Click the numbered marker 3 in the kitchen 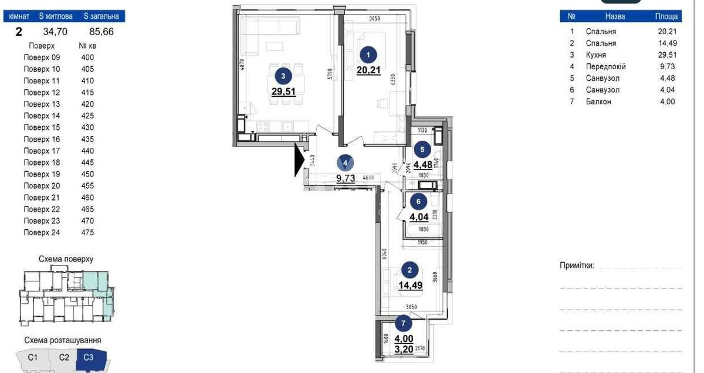(x=284, y=75)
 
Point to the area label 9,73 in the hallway (x=346, y=178)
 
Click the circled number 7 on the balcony (x=403, y=322)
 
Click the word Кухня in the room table (x=597, y=55)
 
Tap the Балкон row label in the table (x=598, y=102)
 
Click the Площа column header (x=666, y=17)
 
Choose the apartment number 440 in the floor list (x=87, y=151)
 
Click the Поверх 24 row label (x=42, y=233)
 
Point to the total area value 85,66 (x=100, y=32)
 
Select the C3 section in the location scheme (x=89, y=357)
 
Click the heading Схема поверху (x=66, y=259)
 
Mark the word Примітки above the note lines (x=577, y=266)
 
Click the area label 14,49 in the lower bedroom (x=411, y=286)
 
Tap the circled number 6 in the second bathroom (x=418, y=201)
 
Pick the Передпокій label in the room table (x=605, y=67)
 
